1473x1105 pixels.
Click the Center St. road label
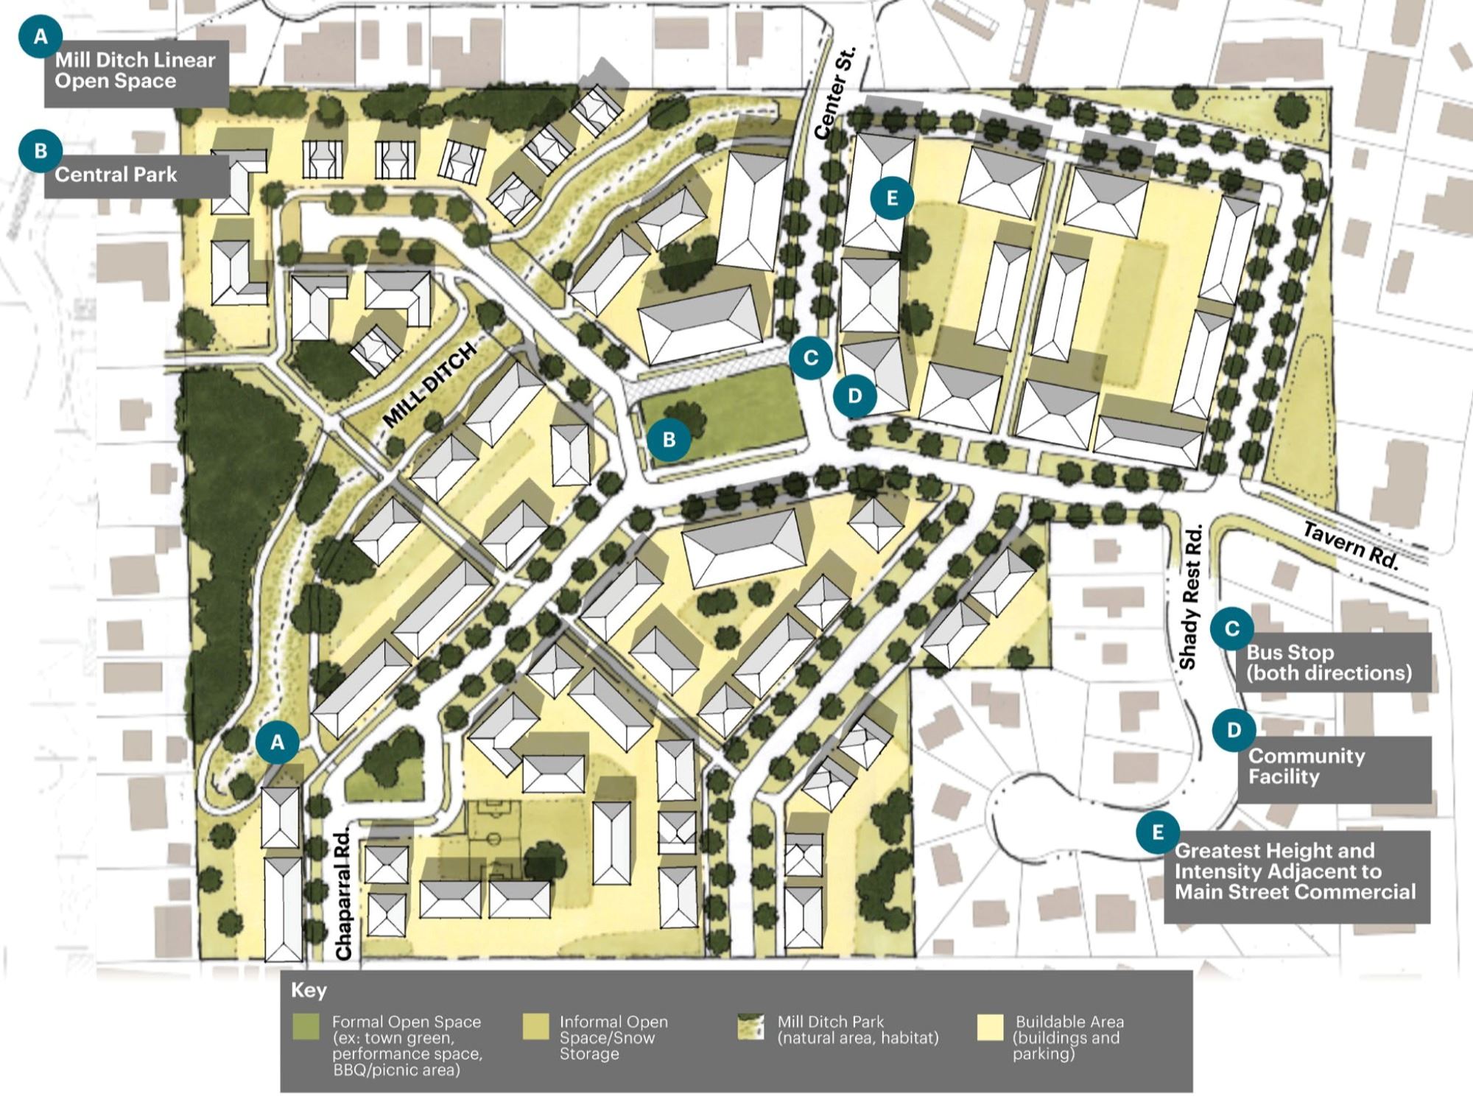836,93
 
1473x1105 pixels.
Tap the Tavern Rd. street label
1350,545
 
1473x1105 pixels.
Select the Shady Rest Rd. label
1190,597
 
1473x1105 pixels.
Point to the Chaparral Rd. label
344,894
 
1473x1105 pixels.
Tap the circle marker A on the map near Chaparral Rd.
278,742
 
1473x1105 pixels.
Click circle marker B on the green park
669,440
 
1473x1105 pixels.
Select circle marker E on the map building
892,197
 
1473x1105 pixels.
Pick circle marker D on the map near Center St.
854,396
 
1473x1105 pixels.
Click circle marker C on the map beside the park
810,358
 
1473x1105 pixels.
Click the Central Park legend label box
136,175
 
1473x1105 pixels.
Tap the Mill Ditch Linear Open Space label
136,71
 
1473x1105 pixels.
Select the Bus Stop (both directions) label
1333,662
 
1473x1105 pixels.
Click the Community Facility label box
1333,766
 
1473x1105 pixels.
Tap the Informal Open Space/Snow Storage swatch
535,1028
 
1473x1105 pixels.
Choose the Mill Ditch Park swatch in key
751,1028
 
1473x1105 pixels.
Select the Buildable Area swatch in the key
991,1028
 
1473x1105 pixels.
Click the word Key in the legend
309,990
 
